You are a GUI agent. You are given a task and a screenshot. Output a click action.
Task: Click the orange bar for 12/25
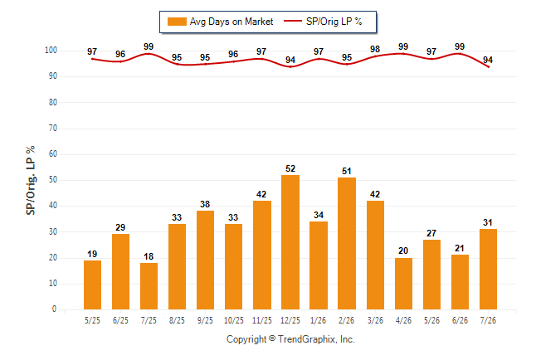click(290, 242)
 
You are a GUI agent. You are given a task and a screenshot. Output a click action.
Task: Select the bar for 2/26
click(347, 243)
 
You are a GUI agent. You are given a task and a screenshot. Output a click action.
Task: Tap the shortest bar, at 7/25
click(149, 286)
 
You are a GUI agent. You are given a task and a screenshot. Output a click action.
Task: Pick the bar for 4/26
click(403, 284)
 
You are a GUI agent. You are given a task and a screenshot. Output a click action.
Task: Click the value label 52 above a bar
click(290, 168)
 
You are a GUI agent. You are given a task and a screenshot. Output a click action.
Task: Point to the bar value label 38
click(205, 204)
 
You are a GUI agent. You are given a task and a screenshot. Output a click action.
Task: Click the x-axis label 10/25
click(234, 320)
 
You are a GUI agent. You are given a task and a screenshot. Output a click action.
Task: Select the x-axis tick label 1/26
click(319, 320)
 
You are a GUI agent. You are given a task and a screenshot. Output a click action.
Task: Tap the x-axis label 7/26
click(488, 320)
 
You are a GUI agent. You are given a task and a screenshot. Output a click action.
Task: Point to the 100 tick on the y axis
click(51, 51)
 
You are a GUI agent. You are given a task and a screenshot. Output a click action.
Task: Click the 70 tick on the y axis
click(53, 129)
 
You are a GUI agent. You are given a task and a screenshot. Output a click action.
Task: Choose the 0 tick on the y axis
click(55, 309)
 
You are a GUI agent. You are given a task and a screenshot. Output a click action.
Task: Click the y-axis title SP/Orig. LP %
click(31, 180)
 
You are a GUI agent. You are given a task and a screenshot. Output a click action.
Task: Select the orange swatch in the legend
click(177, 22)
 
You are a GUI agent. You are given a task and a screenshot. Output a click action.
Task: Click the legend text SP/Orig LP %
click(334, 22)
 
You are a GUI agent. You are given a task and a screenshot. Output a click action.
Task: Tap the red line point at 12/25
click(290, 66)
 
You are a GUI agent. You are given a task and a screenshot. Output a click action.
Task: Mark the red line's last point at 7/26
click(488, 66)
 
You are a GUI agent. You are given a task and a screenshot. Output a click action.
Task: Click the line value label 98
click(375, 49)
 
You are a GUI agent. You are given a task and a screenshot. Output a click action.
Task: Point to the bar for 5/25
click(92, 285)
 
